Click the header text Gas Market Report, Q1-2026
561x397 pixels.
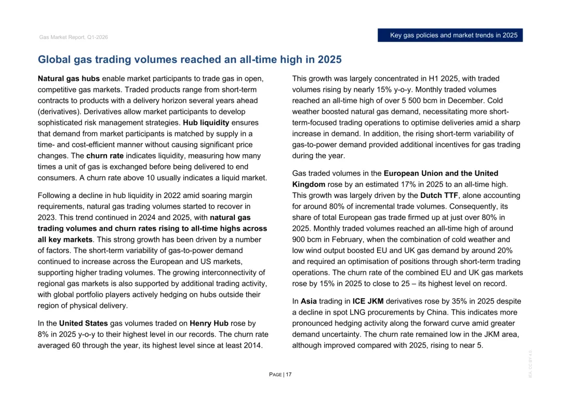[x=73, y=37]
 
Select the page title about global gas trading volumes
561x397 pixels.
[x=190, y=60]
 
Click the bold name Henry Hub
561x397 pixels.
[x=210, y=323]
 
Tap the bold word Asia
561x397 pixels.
[x=309, y=301]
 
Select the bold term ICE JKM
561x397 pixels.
[x=368, y=301]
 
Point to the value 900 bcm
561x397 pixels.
[x=306, y=240]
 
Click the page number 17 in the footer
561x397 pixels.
[x=288, y=375]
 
